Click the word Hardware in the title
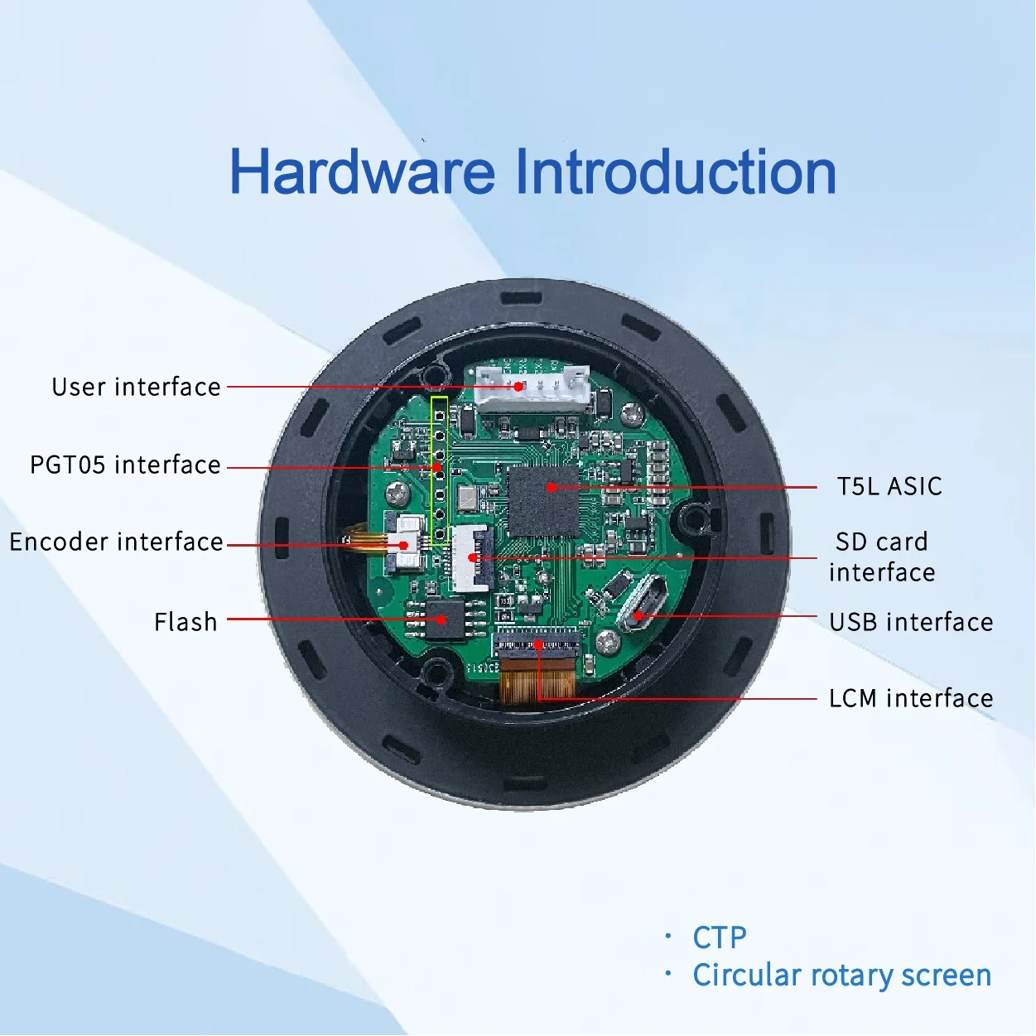coord(362,172)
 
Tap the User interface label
coord(136,387)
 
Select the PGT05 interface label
coord(125,465)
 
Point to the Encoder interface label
coord(116,542)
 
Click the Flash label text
coord(186,622)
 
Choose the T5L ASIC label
coord(889,486)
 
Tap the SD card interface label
coord(881,557)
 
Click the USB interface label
coord(910,622)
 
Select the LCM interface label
coord(910,698)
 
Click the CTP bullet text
coord(719,937)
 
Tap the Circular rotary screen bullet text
coord(841,976)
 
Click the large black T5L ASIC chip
coord(543,501)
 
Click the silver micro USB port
coord(643,602)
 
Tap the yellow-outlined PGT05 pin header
coord(440,470)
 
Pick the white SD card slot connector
coord(472,558)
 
